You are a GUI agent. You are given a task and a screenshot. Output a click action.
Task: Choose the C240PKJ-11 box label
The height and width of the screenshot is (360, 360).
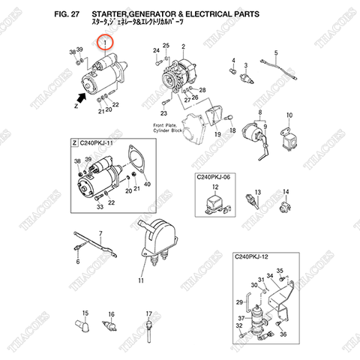(97, 142)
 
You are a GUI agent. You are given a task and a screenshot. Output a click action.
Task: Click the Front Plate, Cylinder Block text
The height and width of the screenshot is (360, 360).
(167, 127)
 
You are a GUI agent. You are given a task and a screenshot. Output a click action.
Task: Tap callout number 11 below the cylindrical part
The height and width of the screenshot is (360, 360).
(140, 280)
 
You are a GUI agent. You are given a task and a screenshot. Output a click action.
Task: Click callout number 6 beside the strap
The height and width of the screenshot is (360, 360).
(77, 262)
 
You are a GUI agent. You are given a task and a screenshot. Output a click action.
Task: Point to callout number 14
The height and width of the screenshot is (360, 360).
(284, 192)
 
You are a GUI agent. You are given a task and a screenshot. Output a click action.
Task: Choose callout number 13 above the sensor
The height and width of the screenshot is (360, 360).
(256, 192)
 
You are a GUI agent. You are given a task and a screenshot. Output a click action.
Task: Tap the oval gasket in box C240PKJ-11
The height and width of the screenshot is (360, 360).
(136, 161)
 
